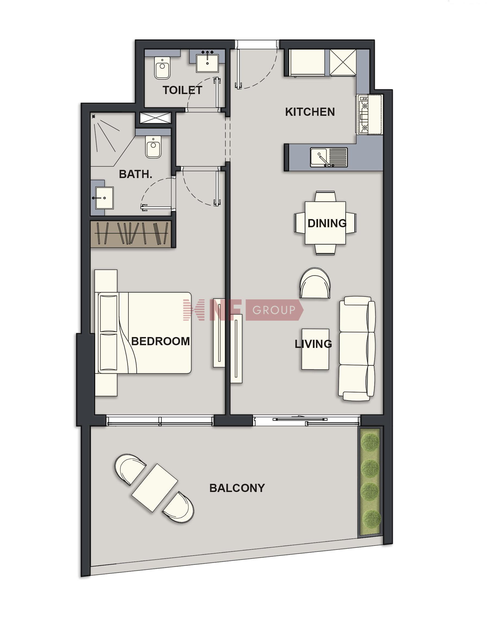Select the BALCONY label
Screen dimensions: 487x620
tap(237, 488)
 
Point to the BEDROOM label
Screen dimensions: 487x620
tap(161, 341)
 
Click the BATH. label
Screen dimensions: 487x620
tap(136, 174)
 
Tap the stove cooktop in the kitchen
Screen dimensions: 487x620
tap(365, 114)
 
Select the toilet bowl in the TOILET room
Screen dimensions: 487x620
tap(162, 68)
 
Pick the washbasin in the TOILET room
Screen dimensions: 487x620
tap(207, 63)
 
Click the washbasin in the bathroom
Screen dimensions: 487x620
tap(104, 198)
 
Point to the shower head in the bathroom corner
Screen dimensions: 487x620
tap(93, 116)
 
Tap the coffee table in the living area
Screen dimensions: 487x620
tap(315, 349)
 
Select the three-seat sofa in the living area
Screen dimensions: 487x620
tap(357, 349)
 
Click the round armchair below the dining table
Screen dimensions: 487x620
tap(315, 283)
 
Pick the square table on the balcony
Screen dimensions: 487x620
tap(155, 488)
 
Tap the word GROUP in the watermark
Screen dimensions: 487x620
tap(274, 310)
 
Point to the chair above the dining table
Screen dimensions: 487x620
tap(325, 197)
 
